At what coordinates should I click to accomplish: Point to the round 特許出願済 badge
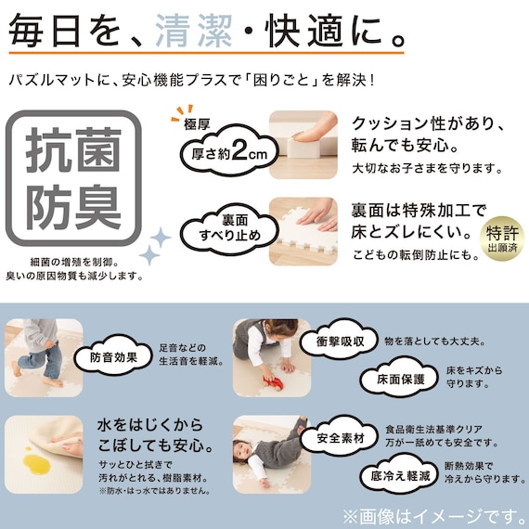click(x=500, y=238)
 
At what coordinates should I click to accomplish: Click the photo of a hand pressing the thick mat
click(x=302, y=144)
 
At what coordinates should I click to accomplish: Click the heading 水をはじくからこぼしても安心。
click(x=150, y=437)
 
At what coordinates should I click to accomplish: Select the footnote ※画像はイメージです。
click(x=432, y=514)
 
